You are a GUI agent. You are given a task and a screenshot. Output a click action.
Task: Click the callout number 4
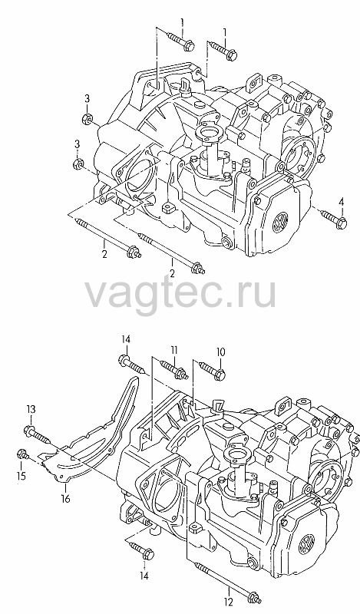coord(341,203)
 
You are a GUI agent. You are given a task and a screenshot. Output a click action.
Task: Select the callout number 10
coord(220,352)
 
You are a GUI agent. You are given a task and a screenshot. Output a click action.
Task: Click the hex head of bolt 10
coord(220,375)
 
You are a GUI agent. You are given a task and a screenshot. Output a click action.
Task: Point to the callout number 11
coord(174,349)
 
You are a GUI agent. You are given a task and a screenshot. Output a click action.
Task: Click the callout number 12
coord(229,601)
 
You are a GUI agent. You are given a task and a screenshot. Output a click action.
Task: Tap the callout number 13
coord(31,410)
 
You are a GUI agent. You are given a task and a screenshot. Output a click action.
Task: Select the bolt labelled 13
coord(37,435)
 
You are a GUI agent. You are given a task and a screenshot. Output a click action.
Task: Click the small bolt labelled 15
coord(23,455)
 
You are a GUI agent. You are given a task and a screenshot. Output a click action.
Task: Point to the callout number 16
coord(65,498)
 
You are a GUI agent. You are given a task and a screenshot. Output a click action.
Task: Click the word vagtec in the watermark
coord(146,293)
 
